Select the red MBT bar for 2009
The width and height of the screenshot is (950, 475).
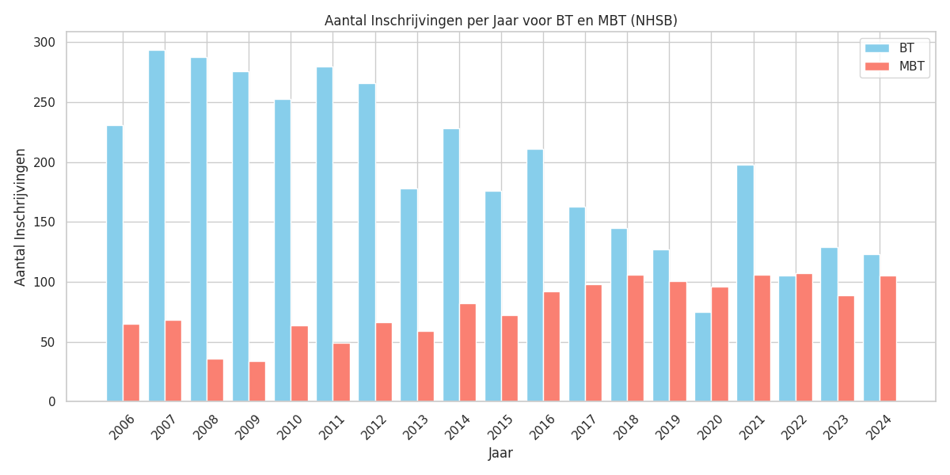[256, 382]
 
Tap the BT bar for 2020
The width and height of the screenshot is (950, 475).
[703, 357]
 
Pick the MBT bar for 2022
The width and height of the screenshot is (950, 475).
[804, 338]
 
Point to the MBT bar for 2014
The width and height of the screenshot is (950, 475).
[468, 353]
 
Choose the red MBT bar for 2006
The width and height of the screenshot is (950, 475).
[131, 363]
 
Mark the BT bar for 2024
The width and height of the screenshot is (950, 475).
[871, 329]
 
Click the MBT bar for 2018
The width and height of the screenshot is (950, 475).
[636, 339]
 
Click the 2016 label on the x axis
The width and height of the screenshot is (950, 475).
[542, 427]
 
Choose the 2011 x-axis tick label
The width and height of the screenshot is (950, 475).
[332, 427]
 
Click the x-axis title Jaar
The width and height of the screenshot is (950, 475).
[500, 454]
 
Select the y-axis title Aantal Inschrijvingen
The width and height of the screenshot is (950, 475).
[21, 217]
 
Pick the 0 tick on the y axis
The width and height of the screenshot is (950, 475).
[52, 402]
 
